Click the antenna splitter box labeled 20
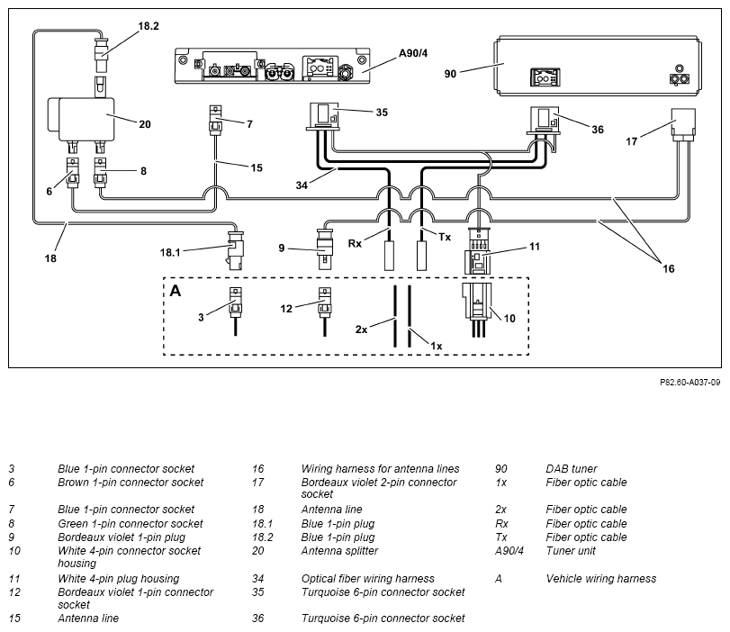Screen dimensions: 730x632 click(82, 119)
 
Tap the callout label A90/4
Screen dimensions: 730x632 click(413, 53)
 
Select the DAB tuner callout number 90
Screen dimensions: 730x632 click(450, 74)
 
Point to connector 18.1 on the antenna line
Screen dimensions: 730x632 click(235, 249)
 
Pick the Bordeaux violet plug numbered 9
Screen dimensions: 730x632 click(324, 248)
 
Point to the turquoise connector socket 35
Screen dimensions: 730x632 click(325, 116)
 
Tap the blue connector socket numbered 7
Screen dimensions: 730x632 click(215, 120)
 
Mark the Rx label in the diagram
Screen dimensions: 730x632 click(355, 244)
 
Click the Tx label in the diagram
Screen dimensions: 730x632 click(445, 237)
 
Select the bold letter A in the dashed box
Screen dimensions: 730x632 click(176, 291)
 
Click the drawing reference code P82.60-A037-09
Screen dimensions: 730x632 click(690, 383)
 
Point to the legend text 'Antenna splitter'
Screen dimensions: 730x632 click(339, 551)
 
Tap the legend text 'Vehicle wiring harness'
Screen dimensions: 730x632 click(601, 579)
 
